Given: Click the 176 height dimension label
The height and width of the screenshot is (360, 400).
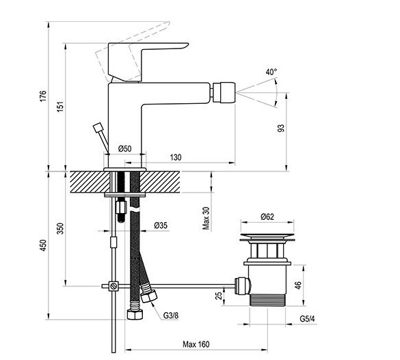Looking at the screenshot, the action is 43,96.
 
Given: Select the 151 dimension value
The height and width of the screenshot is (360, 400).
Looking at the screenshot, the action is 60,107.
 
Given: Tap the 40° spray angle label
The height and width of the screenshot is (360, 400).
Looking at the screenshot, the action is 271,72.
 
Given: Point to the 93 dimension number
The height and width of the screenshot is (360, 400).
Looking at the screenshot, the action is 280,128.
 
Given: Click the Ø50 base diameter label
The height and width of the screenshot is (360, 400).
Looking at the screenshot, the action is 124,148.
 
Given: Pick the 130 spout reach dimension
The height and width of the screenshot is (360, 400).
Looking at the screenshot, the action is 176,157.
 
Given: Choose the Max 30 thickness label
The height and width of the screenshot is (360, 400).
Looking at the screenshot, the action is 206,218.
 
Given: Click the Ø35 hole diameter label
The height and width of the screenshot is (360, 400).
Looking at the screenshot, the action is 161,225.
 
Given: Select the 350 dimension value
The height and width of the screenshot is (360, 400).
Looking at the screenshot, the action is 60,229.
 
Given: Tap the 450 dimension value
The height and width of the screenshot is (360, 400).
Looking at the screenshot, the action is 43,245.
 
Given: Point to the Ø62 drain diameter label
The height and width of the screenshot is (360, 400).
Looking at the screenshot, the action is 267,217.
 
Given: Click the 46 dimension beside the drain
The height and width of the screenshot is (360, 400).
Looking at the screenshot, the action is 298,285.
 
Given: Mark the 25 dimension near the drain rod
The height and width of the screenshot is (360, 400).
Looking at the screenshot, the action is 219,296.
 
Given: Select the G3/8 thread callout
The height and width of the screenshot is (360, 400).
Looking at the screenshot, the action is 171,316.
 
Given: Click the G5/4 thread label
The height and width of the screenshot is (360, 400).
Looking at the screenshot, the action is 308,319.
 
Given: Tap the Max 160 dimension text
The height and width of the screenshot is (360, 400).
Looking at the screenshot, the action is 196,344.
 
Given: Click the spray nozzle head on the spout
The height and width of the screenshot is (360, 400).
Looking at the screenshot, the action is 224,92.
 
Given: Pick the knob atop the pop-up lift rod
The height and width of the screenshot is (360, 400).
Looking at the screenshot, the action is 98,128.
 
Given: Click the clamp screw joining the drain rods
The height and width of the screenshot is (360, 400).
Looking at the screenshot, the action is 114,286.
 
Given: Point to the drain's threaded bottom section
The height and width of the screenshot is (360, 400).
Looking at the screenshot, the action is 267,300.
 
